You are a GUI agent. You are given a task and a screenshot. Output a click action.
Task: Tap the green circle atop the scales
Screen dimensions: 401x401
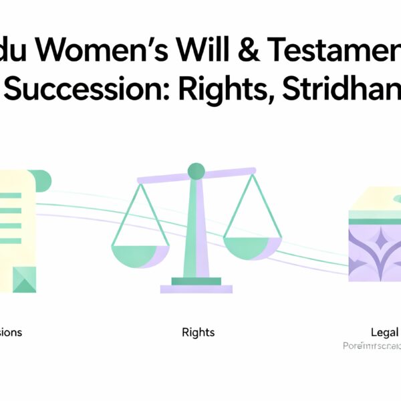196,171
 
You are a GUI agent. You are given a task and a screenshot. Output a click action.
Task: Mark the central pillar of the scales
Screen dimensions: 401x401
196,227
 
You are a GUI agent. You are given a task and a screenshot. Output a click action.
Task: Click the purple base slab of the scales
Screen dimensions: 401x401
196,289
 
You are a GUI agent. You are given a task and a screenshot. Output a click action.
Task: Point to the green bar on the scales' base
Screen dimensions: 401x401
196,281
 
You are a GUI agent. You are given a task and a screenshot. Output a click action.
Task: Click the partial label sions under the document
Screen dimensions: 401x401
11,331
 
